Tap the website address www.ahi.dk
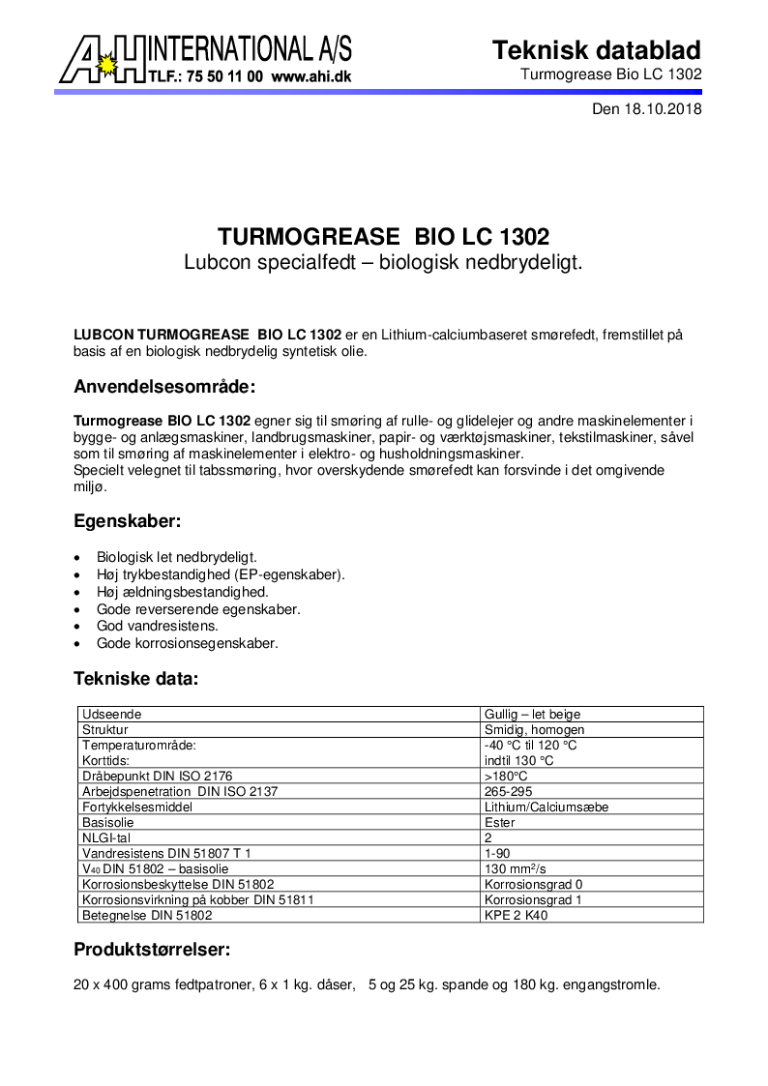pyautogui.click(x=310, y=74)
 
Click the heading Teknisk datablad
pyautogui.click(x=597, y=50)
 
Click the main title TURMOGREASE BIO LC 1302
pyautogui.click(x=383, y=237)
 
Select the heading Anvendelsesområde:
pyautogui.click(x=164, y=388)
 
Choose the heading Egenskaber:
pyautogui.click(x=127, y=520)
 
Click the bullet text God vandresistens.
pyautogui.click(x=157, y=626)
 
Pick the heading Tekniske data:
pyautogui.click(x=136, y=679)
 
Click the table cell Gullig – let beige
pyautogui.click(x=531, y=714)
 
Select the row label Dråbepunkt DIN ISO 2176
pyautogui.click(x=158, y=776)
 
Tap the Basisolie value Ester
pyautogui.click(x=499, y=822)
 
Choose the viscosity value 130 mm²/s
pyautogui.click(x=517, y=868)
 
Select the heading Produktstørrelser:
pyautogui.click(x=152, y=950)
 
